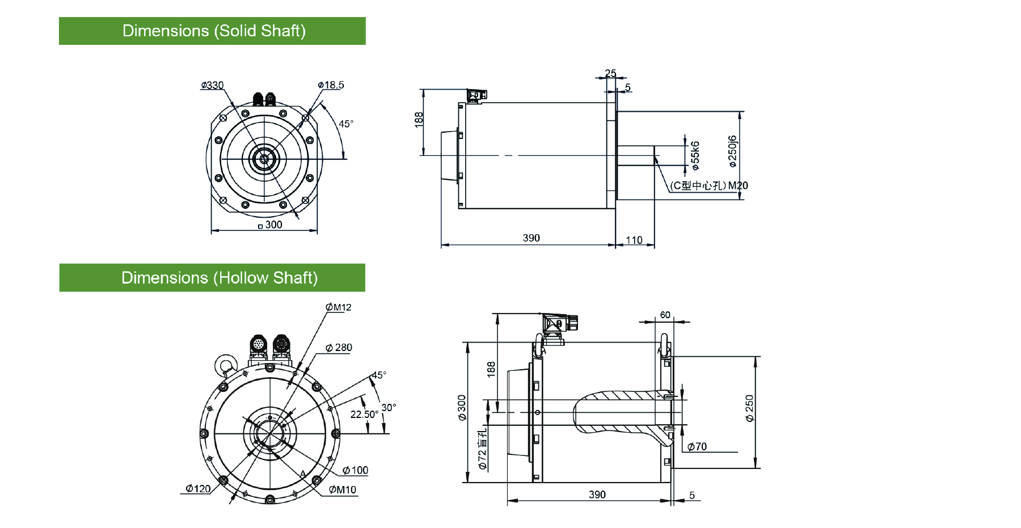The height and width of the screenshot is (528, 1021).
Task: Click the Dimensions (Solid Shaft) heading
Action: tap(214, 31)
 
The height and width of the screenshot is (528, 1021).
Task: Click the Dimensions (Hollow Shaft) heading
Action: tap(220, 278)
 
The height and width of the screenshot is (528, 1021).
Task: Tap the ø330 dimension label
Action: tap(212, 86)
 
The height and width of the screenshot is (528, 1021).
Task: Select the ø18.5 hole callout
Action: tap(331, 85)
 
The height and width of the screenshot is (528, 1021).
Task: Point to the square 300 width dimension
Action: tap(270, 225)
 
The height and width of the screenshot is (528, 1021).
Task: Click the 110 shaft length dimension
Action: tap(634, 240)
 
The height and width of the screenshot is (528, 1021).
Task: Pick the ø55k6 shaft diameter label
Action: tap(695, 156)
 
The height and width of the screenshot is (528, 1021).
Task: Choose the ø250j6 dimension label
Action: tap(732, 151)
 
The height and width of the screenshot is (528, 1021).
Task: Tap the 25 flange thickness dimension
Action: tap(610, 73)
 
